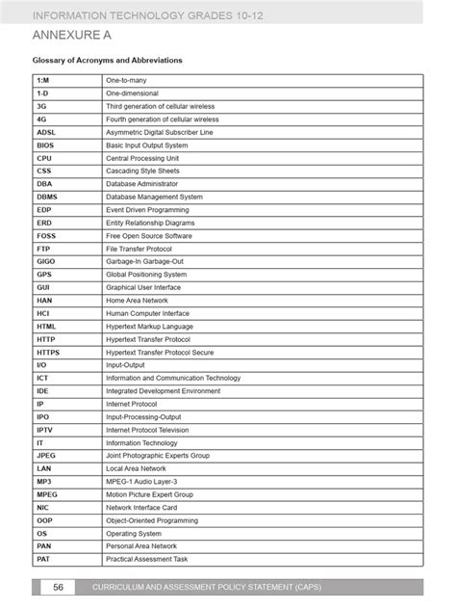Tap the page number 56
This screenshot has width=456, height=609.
click(x=57, y=587)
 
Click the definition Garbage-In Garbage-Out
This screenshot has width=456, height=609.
click(x=147, y=261)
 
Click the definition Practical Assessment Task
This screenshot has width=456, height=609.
click(x=147, y=559)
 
